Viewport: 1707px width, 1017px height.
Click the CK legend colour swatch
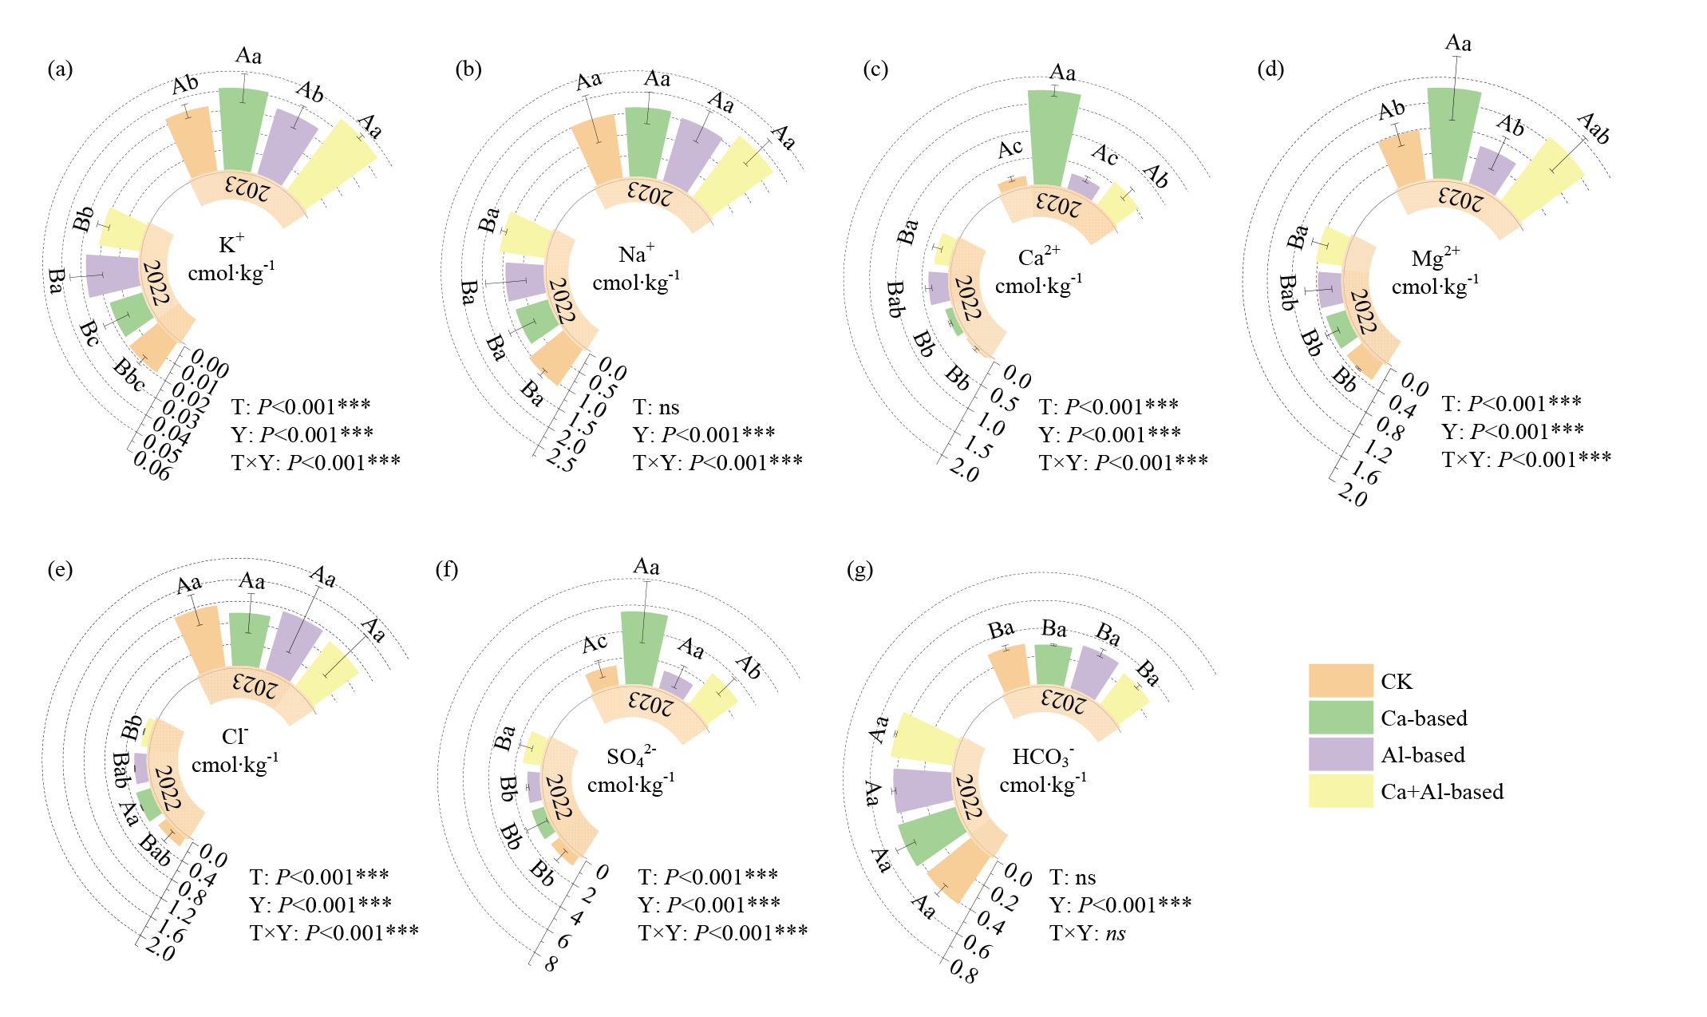point(1340,681)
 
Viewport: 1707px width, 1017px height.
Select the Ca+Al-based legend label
point(1441,792)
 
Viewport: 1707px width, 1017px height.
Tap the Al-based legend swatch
point(1340,754)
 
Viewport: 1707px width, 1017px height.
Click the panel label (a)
point(60,69)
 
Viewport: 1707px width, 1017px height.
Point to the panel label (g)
point(859,570)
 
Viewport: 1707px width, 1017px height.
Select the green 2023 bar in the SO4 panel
point(644,647)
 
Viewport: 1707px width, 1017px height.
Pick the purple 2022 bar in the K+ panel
point(113,275)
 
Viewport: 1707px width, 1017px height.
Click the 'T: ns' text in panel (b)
point(656,408)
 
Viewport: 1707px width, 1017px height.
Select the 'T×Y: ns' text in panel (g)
point(1087,933)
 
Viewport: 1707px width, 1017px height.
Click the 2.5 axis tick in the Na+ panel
point(560,461)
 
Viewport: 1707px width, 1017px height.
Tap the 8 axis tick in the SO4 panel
point(551,964)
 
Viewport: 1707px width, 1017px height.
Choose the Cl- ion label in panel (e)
point(235,736)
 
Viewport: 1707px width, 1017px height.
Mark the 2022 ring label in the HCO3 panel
point(967,797)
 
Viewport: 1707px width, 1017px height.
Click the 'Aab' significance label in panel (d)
point(1594,129)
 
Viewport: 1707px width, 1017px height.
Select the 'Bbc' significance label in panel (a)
point(129,375)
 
